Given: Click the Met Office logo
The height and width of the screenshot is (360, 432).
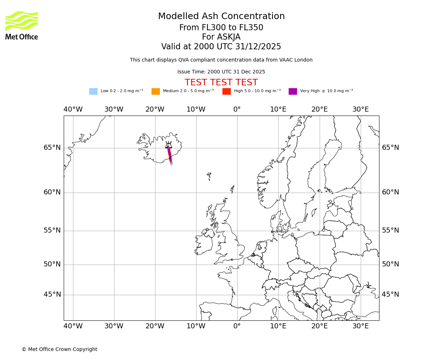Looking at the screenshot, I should pos(22,25).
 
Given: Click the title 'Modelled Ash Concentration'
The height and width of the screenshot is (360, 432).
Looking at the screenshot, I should pos(221,16).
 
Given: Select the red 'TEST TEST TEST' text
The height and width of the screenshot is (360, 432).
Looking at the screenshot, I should pos(221,82).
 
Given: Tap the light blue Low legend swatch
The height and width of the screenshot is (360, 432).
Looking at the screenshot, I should pos(93,91).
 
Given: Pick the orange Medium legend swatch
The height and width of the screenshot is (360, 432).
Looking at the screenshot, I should pos(156,91).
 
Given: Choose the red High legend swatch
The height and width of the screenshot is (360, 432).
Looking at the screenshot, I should pos(226,91).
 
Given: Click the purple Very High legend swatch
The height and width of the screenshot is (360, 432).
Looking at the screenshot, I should pos(293,91).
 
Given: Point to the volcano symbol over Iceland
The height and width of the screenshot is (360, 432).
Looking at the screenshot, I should pos(168,145).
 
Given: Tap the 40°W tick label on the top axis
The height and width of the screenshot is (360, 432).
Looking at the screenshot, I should pos(73,109).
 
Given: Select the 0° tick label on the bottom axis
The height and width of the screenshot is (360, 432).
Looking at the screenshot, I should pos(237,326).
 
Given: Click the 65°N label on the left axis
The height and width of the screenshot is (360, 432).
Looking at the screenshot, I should pos(52,148).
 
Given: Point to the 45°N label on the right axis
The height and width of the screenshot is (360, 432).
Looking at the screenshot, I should pos(391,294).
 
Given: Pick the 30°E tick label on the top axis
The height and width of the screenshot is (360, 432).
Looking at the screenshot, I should pos(360,109).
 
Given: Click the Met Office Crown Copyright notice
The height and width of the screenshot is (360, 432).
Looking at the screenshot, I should pos(59,349).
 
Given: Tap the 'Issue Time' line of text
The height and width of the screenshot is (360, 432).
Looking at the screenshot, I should pos(221,72).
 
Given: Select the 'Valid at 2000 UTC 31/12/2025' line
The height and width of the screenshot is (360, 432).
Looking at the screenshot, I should pos(221,46).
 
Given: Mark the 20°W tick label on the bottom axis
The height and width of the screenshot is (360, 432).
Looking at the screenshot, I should pos(155,326).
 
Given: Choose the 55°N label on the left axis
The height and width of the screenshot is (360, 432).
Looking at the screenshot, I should pos(52,230).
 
